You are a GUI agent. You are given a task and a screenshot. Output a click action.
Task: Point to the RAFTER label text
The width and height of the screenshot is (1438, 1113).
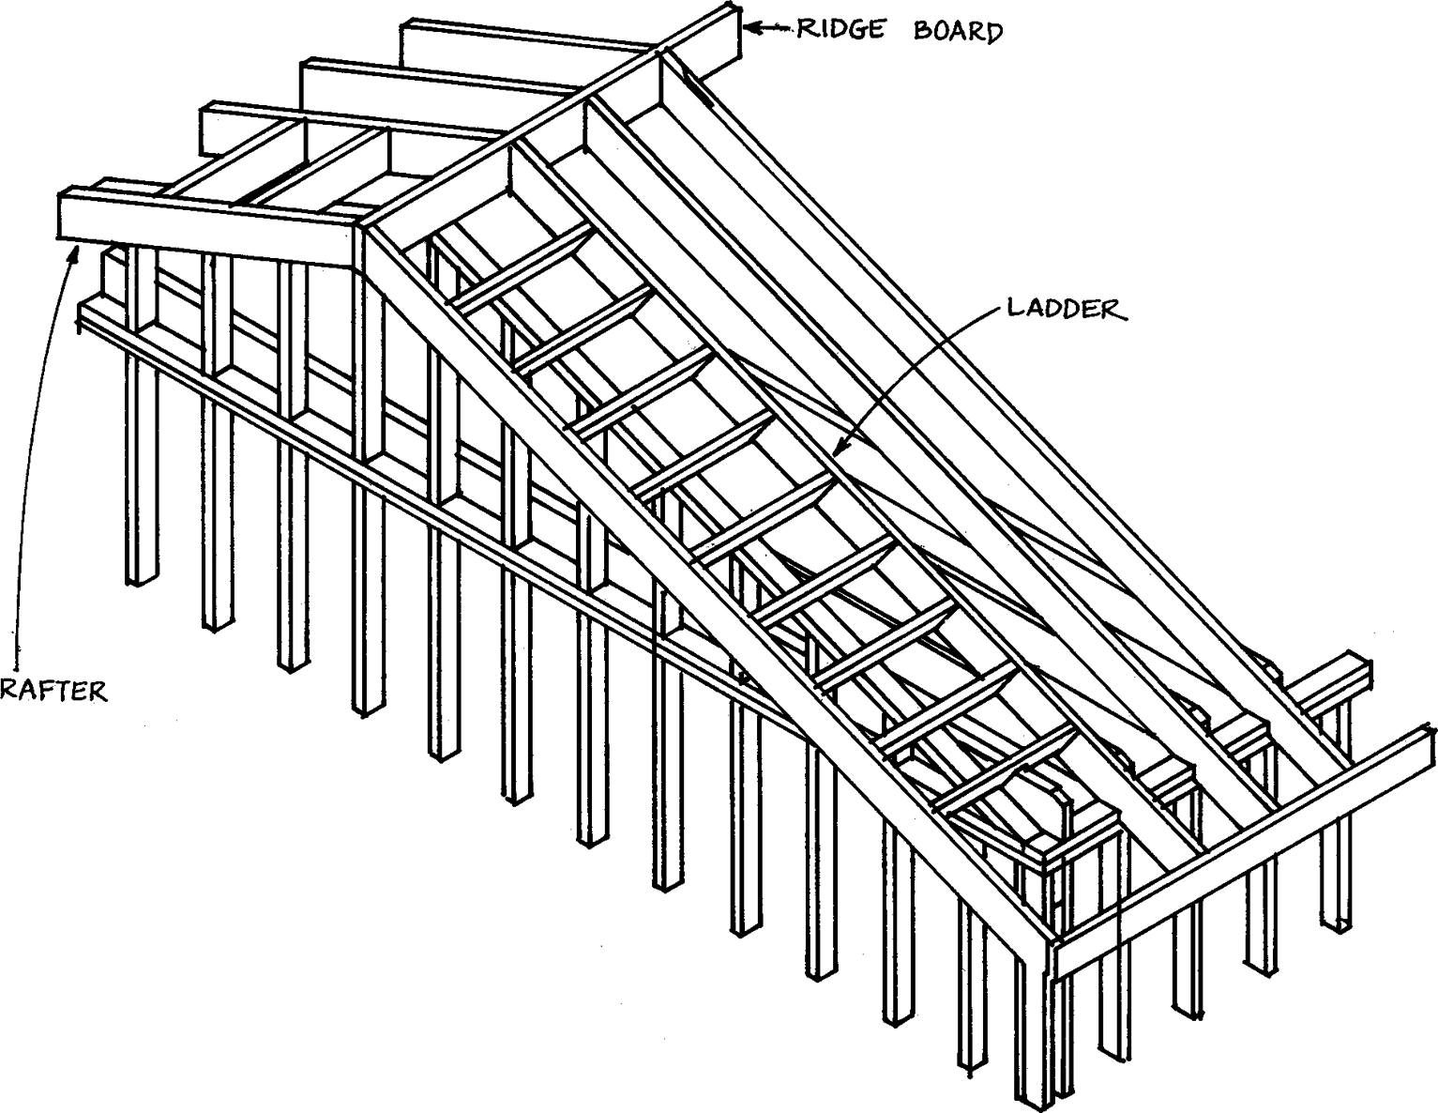click(53, 692)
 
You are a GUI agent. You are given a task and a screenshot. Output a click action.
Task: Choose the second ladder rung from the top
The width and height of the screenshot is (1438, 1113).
click(582, 328)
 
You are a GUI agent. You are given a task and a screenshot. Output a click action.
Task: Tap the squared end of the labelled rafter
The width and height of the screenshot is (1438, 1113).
click(70, 217)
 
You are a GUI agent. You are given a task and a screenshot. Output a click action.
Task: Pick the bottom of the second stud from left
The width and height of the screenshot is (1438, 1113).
click(217, 620)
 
